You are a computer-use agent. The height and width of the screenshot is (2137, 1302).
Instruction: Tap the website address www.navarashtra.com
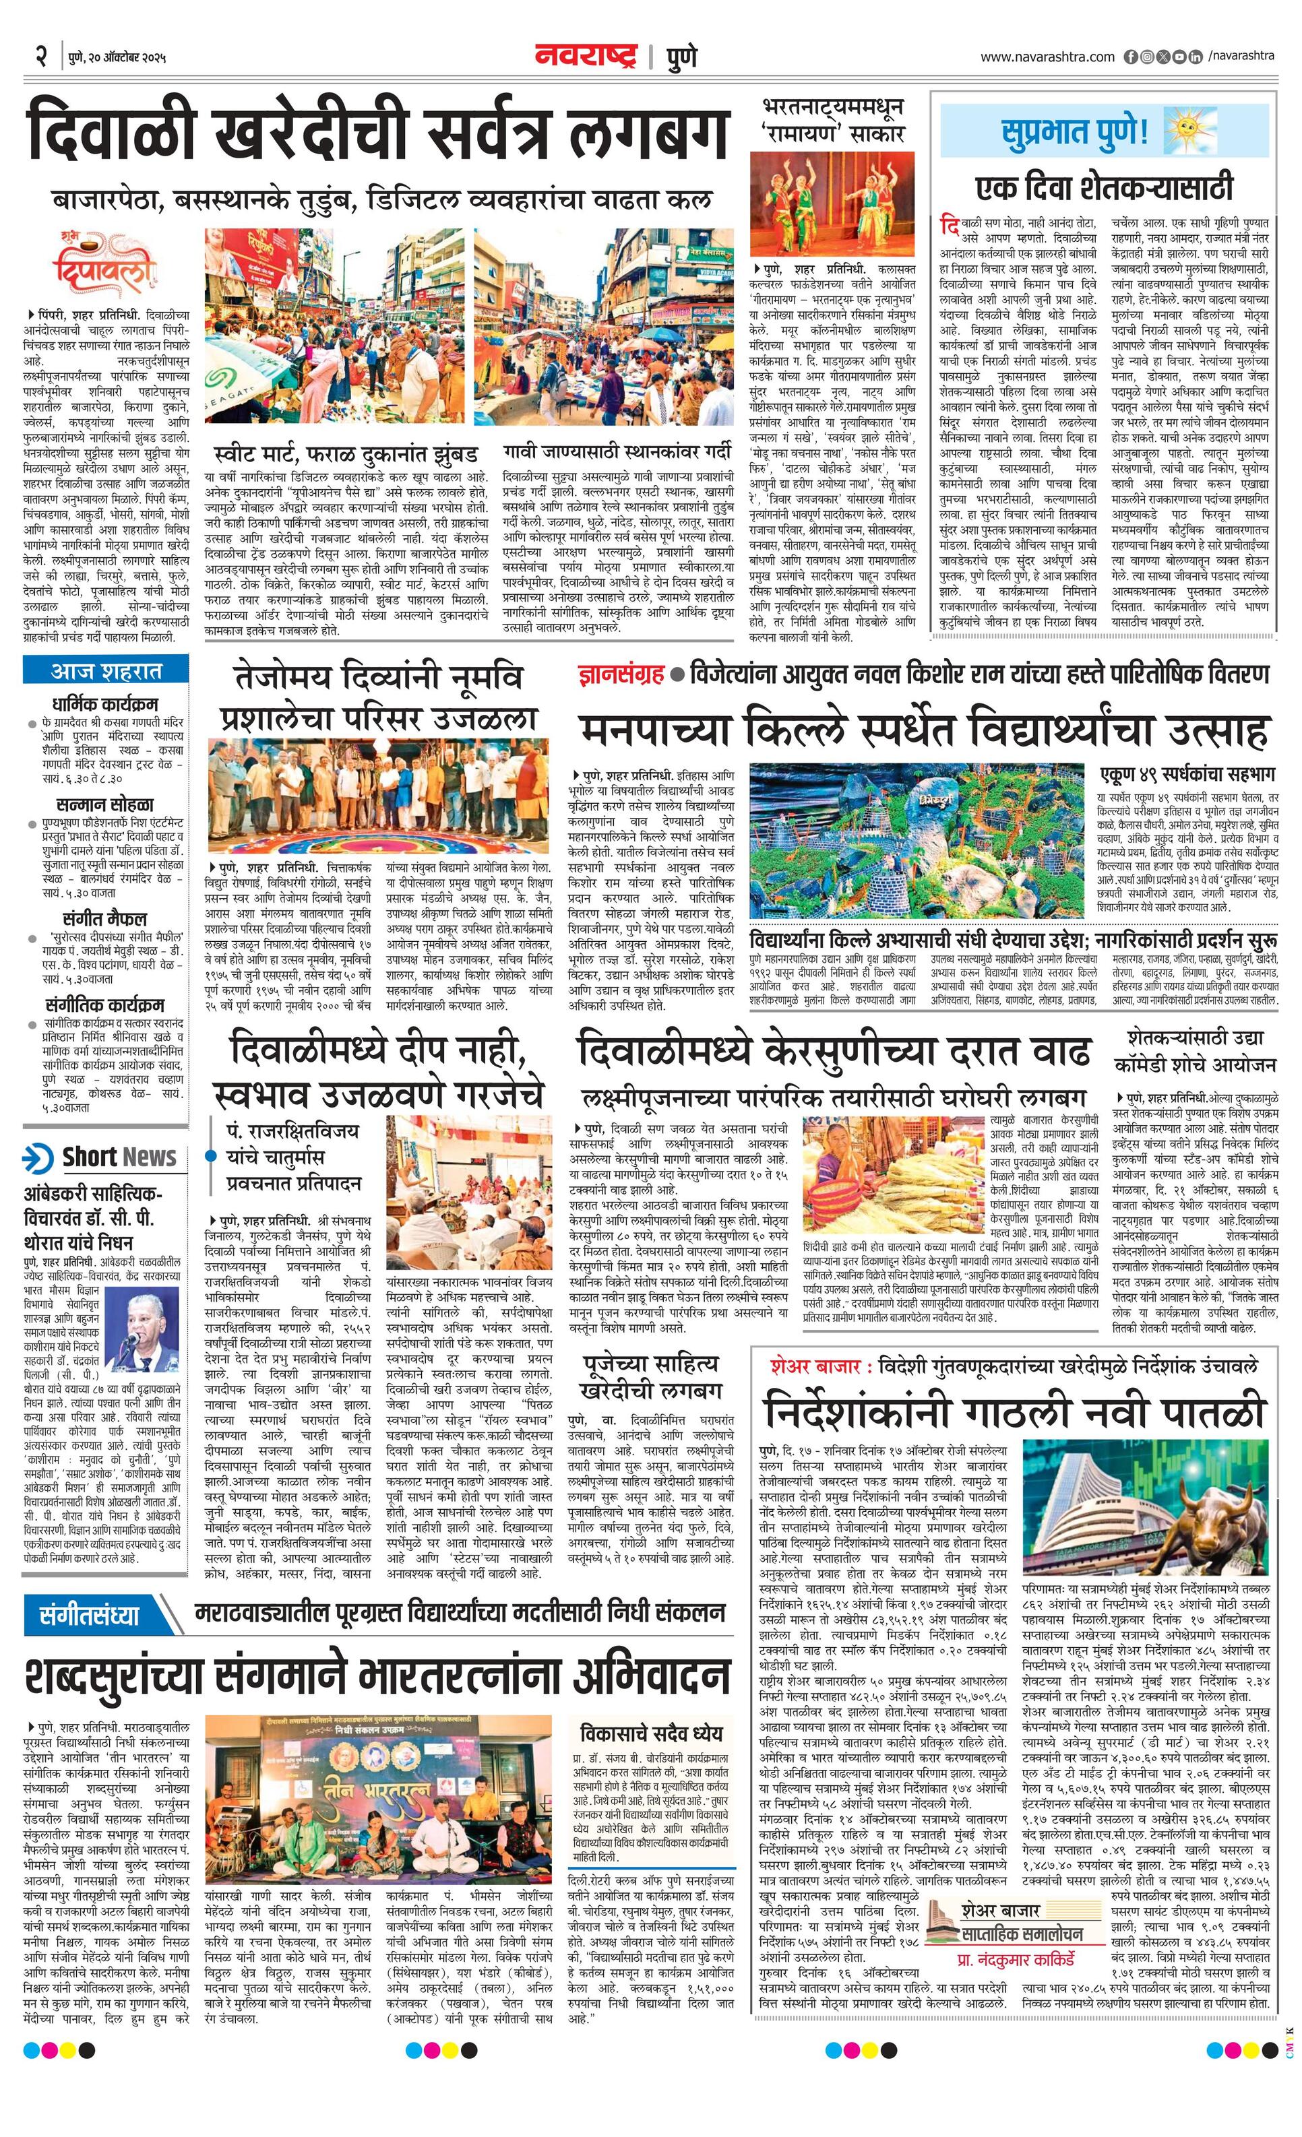click(x=1047, y=57)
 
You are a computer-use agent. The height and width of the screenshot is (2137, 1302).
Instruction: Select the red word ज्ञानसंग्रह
click(x=619, y=675)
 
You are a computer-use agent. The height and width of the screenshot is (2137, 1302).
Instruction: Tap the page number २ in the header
click(x=40, y=57)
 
